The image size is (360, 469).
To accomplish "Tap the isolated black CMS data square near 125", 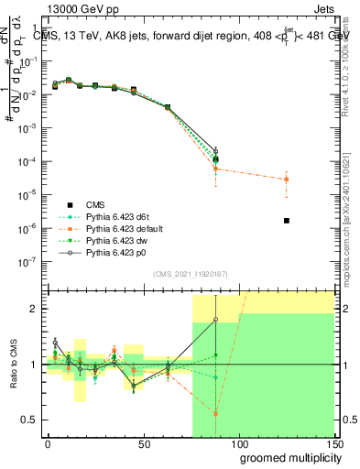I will coord(287,221).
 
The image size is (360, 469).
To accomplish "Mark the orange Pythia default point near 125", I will coord(286,179).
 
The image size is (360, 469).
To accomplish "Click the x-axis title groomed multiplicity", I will coord(286,457).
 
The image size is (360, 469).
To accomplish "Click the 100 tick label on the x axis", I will coord(238,443).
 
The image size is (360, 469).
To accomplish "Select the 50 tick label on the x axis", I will coord(144,443).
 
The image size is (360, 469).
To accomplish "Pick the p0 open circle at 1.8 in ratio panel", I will coord(216,320).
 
